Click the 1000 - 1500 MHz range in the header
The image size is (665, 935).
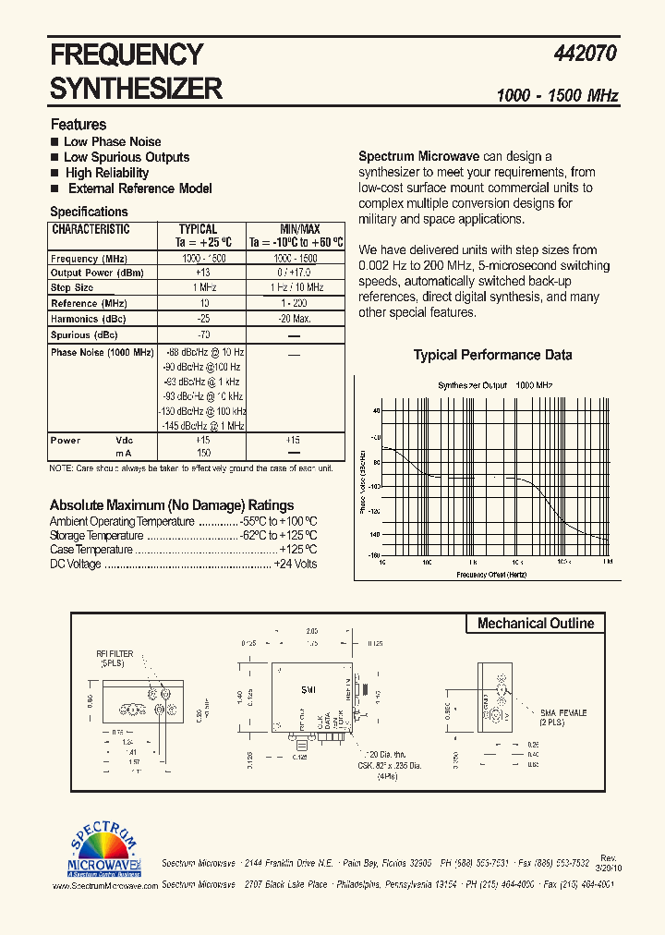pos(557,96)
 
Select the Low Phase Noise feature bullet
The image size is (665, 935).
pos(112,141)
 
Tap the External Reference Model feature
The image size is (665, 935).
pos(139,188)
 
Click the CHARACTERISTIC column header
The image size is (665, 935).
pos(91,229)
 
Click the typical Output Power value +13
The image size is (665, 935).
pos(202,273)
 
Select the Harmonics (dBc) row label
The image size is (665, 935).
pos(89,319)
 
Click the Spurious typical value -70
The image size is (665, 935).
pos(202,334)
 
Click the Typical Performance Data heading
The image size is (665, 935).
pos(492,355)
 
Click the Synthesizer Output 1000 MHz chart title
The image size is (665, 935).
pos(495,384)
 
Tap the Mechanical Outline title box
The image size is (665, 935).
pos(536,624)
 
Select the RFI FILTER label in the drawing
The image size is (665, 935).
pos(115,657)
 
